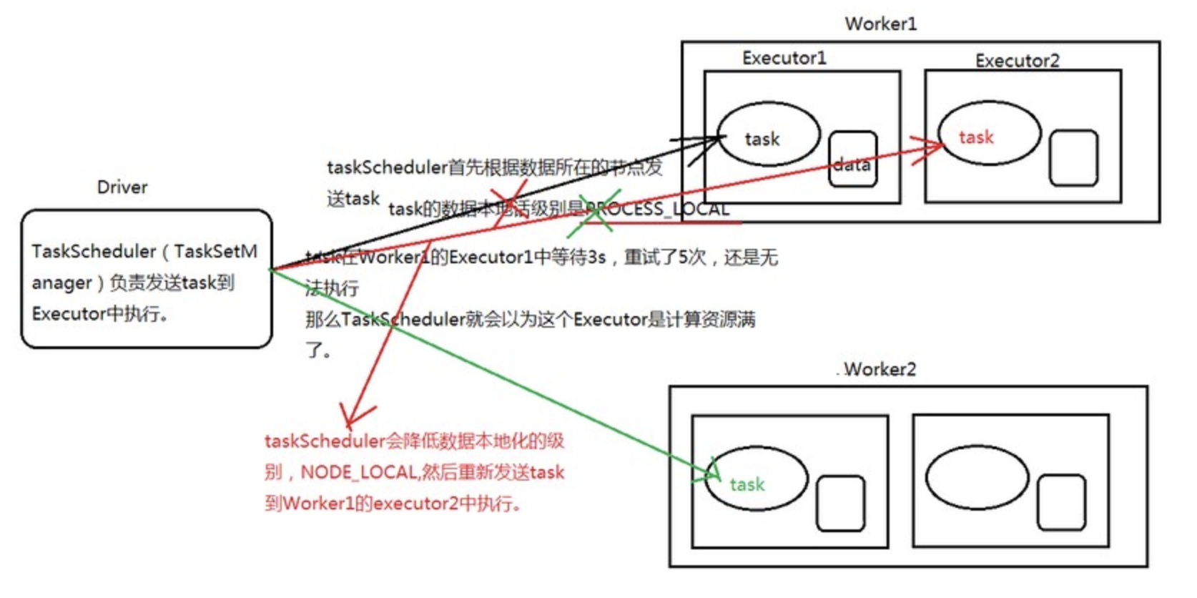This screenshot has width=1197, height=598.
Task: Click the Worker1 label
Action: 880,24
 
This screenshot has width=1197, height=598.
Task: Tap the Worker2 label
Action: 879,369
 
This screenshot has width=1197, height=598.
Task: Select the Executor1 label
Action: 784,58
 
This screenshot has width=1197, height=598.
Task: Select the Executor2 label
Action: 1017,61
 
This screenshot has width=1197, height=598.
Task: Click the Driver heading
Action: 122,187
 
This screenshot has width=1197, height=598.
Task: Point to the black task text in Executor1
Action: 762,139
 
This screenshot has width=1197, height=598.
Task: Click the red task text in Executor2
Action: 975,137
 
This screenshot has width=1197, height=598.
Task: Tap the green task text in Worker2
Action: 747,484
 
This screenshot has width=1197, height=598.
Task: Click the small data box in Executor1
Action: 852,160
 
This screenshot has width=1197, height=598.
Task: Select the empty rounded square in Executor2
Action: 1073,157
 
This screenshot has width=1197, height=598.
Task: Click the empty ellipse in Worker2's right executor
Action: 977,479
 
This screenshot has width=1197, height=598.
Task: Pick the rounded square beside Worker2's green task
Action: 840,504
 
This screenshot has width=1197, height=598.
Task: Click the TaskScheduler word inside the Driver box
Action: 94,251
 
